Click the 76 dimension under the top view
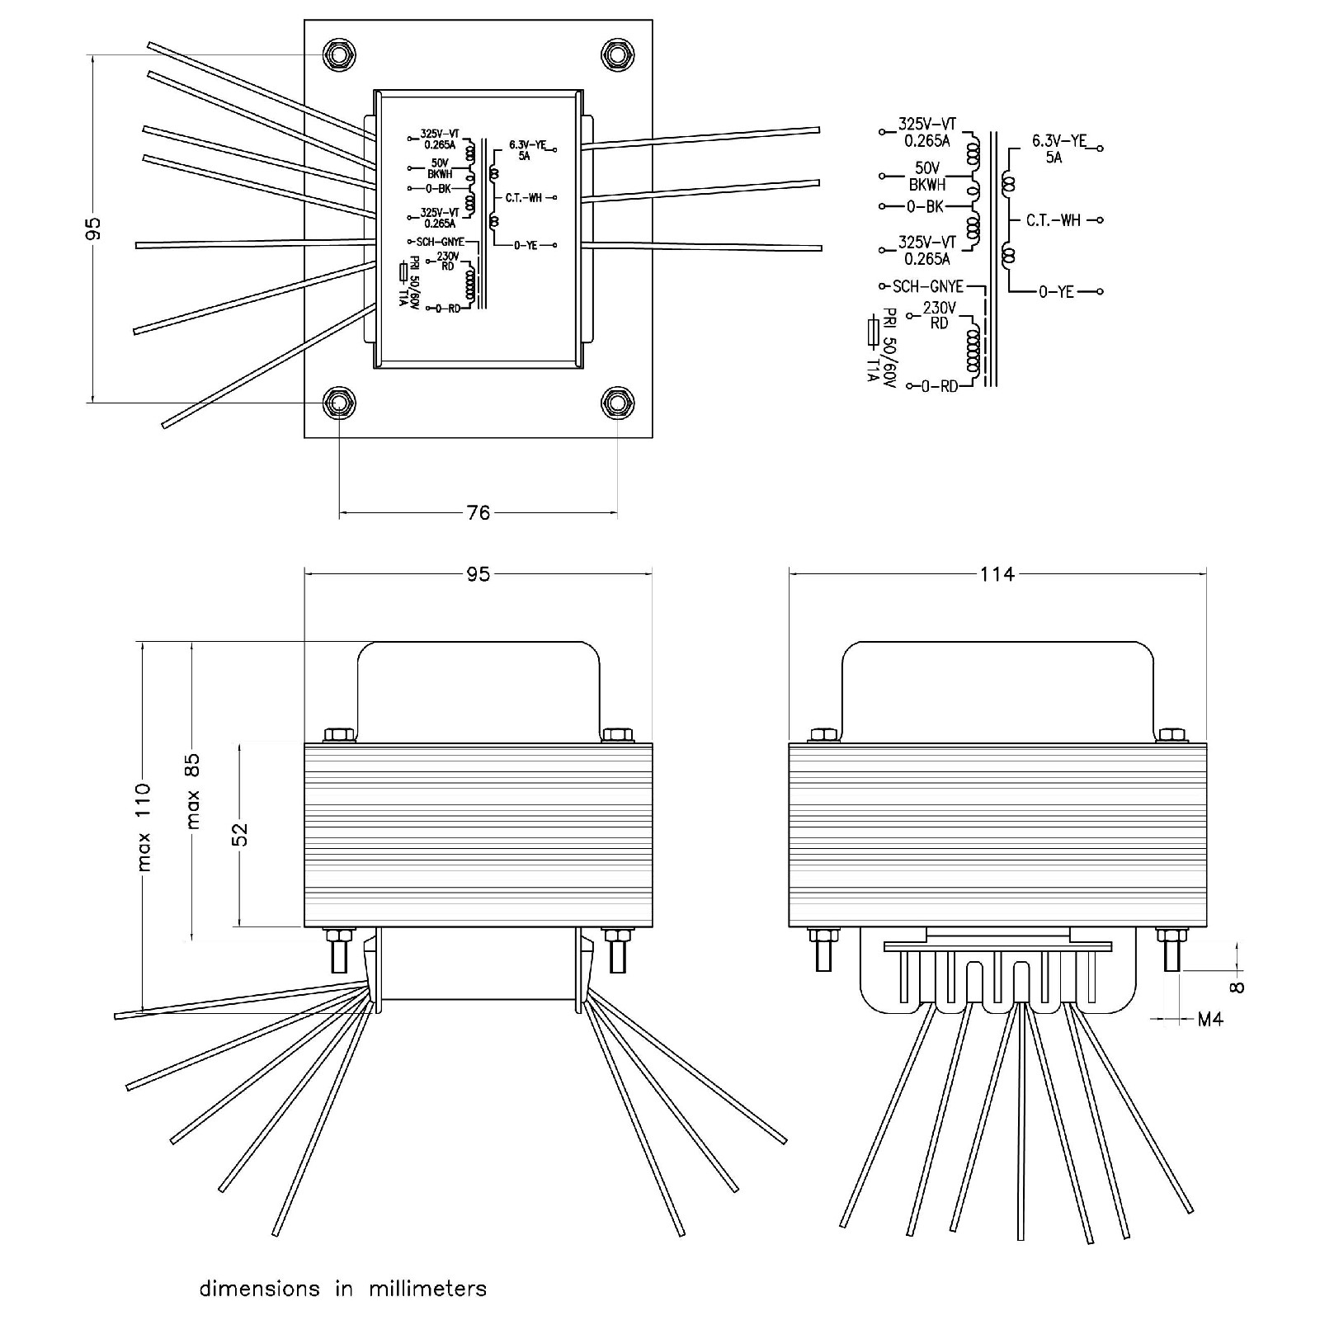click(x=478, y=512)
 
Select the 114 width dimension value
click(x=997, y=573)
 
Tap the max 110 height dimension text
click(x=144, y=827)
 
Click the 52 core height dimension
click(x=240, y=835)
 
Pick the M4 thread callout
click(x=1210, y=1020)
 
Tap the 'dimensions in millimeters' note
click(x=343, y=1288)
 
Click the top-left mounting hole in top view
click(x=339, y=55)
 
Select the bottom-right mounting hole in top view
click(x=617, y=403)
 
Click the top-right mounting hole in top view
click(x=617, y=55)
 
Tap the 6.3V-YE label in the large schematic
click(x=1059, y=141)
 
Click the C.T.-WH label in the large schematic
click(x=1054, y=220)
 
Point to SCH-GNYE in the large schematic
click(x=928, y=286)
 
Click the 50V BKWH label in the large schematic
click(x=927, y=177)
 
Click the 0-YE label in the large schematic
click(x=1057, y=291)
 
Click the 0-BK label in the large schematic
click(x=925, y=206)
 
